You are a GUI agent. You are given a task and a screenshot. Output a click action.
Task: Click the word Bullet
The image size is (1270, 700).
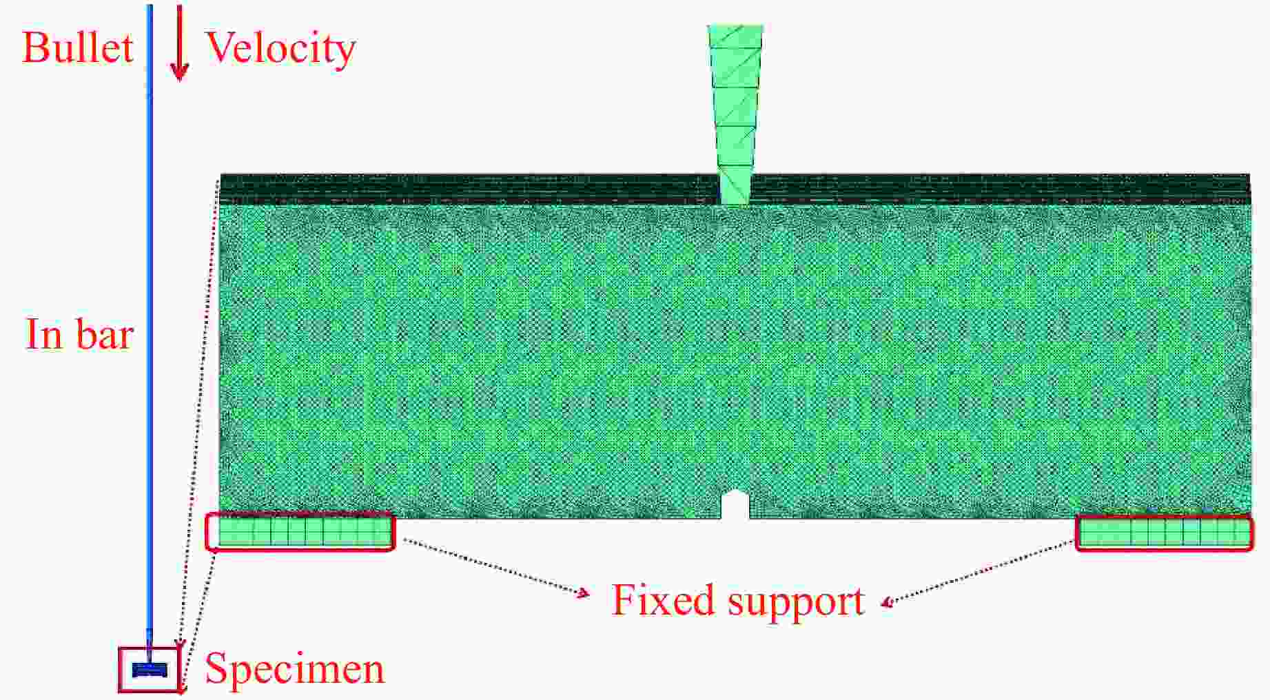coord(77,48)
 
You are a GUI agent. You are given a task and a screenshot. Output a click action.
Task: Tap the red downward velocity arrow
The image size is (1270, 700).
coord(180,43)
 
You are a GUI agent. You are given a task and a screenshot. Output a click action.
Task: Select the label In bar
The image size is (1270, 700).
coord(79,334)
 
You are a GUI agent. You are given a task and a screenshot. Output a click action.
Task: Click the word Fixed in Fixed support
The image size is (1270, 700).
coord(662,599)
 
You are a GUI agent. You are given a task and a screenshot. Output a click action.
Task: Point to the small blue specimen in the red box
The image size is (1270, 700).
coord(150,670)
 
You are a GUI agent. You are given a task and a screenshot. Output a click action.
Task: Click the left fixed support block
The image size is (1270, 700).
coord(300,532)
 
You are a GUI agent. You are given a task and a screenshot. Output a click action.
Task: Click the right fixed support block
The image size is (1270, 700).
coord(1165,533)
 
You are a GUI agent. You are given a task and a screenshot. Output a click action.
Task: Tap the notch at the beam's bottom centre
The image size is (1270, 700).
coord(735,504)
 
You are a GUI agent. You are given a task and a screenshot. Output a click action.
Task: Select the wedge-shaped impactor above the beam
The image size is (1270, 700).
coord(735,115)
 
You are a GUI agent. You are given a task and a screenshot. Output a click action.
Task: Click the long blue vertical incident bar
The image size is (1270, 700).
coord(150,324)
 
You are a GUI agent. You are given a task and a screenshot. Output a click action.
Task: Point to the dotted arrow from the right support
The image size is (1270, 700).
coord(979,574)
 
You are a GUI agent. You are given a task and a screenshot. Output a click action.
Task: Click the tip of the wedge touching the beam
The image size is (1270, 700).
coord(735,205)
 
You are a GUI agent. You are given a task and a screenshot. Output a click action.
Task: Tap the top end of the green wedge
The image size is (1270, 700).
coord(735,26)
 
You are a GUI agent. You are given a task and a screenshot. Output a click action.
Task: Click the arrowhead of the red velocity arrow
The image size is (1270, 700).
coord(180,72)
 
